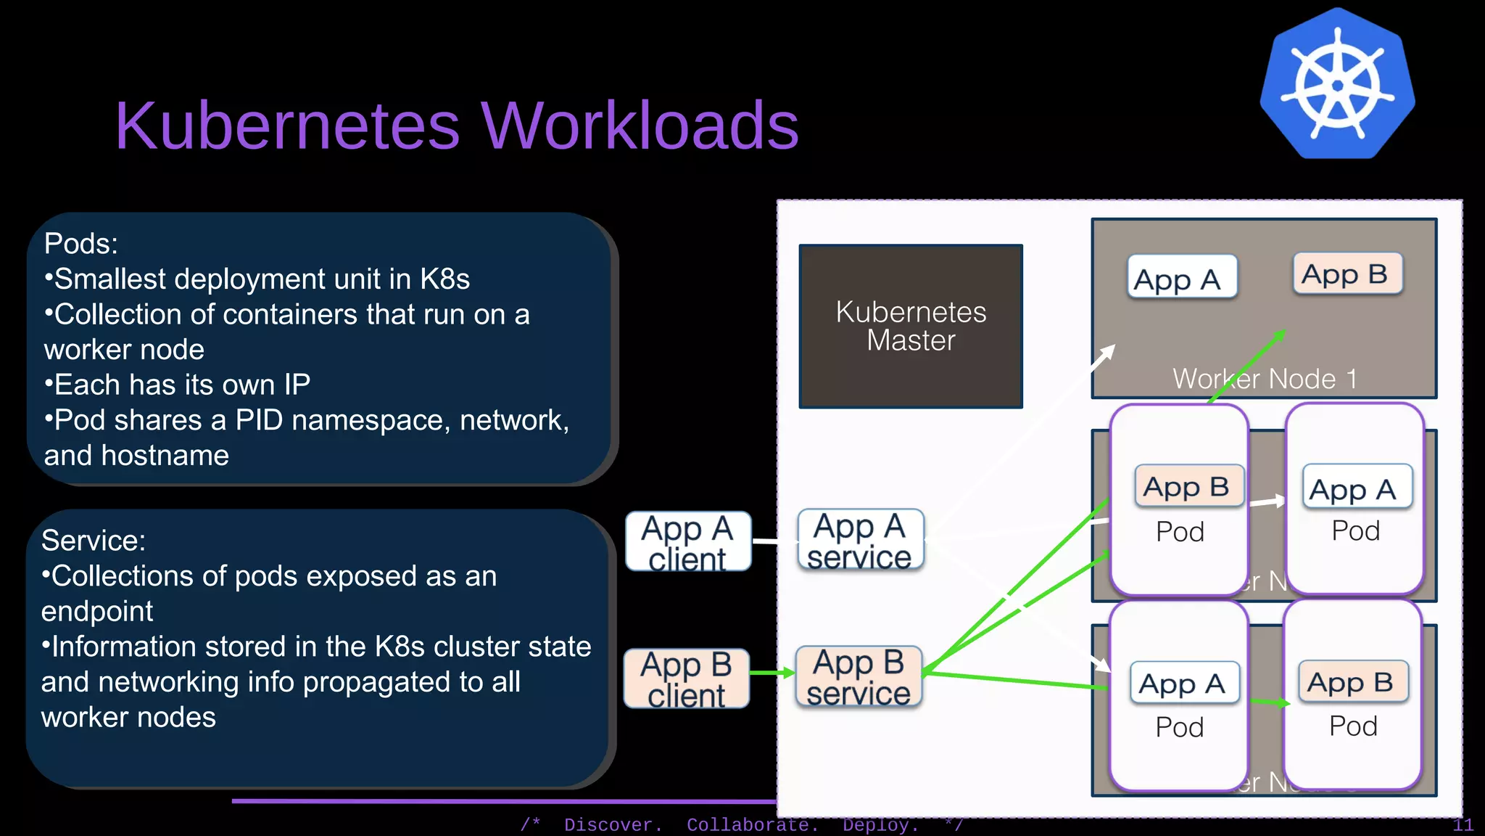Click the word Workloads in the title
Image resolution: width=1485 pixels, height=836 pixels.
(640, 126)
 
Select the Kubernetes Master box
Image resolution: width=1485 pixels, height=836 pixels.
(911, 327)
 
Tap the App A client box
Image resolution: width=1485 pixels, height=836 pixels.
(687, 542)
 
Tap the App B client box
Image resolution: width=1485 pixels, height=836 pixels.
(686, 679)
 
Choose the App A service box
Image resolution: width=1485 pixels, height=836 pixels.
(860, 541)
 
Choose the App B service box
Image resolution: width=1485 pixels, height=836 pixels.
(859, 677)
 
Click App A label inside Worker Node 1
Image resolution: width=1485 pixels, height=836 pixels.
(1181, 278)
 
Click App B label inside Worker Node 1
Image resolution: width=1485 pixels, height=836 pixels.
(1347, 274)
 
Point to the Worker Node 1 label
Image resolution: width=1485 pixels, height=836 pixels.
(1264, 379)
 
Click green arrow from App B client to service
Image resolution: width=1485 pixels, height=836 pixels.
(773, 673)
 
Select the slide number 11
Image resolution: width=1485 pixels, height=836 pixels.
(1463, 825)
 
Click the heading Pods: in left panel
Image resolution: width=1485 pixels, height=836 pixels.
(80, 244)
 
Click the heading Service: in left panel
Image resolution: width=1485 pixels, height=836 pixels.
(93, 541)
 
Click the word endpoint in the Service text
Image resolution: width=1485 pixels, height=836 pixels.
(96, 612)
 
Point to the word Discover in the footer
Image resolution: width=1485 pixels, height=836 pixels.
(613, 825)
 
